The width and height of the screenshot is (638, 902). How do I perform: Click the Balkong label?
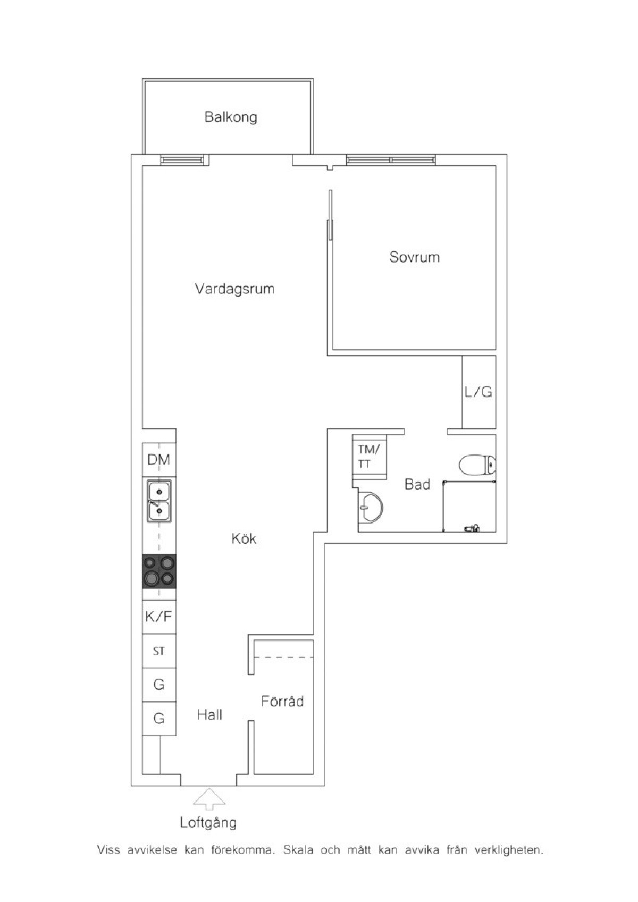pos(231,117)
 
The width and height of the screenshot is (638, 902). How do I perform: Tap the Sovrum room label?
pos(415,257)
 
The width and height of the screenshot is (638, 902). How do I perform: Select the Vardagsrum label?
pos(235,289)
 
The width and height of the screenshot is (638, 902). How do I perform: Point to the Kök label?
pos(244,538)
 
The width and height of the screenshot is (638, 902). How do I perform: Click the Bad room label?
pos(417,484)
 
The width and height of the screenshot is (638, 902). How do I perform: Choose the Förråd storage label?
pos(282,701)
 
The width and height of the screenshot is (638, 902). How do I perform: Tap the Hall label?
pos(209,715)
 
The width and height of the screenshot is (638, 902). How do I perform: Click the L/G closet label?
pos(478,392)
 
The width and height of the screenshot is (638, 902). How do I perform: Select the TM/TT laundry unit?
pos(370,457)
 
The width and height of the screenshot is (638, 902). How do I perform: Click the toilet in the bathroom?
pos(477,465)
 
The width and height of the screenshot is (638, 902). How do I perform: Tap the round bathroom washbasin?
pos(371,508)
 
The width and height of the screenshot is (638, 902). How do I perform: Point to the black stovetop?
pos(159,571)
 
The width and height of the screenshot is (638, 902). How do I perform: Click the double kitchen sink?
pos(159,501)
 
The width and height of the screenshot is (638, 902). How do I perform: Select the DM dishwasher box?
pos(159,459)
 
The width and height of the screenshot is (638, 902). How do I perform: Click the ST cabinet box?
pos(159,651)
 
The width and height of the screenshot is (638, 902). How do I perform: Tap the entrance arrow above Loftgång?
pos(209,799)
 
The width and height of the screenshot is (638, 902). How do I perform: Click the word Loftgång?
pos(208,823)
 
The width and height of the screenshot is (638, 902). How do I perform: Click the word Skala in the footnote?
pos(298,850)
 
